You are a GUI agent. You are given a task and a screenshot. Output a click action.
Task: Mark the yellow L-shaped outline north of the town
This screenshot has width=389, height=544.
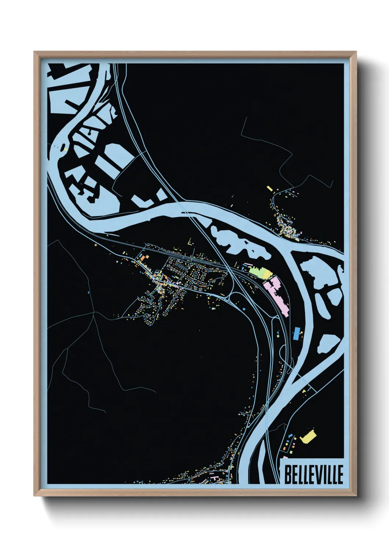point(190,243)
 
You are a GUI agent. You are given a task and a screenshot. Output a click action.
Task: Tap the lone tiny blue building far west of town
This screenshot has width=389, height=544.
point(89,292)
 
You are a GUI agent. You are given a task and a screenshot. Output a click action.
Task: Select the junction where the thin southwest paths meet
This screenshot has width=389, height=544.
point(94,313)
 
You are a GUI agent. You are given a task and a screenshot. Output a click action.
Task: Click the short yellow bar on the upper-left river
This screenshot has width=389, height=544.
point(65,149)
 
